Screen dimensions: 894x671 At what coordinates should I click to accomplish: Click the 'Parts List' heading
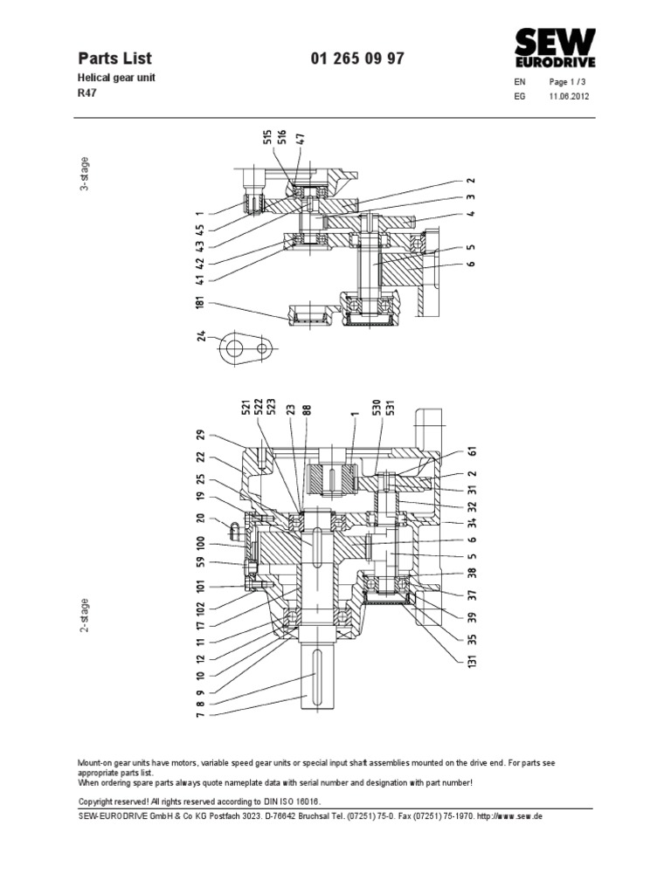coord(115,58)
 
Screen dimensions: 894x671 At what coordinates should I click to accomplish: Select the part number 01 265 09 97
coord(357,58)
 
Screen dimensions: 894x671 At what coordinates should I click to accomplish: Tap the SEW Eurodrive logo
coord(554,47)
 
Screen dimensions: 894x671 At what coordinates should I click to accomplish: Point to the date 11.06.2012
coord(569,97)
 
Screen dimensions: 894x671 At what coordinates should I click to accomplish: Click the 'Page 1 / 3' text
coord(569,82)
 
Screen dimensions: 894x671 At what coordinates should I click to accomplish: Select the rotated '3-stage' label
coord(85,173)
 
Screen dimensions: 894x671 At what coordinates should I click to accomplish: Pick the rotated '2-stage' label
coord(85,615)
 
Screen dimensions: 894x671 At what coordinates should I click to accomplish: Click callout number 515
coord(267,139)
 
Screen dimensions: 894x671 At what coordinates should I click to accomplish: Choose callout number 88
coord(307,411)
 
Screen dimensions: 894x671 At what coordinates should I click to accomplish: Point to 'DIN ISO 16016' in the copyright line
coord(287,801)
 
